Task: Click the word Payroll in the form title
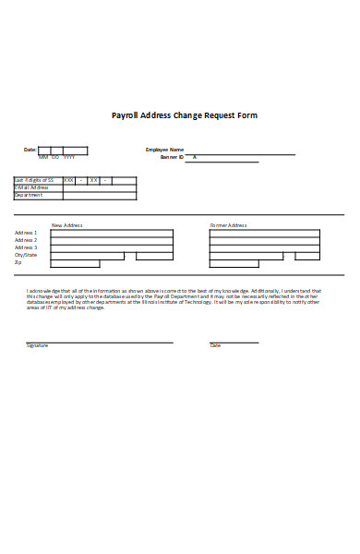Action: (x=126, y=116)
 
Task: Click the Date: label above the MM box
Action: (x=30, y=150)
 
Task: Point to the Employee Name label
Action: (x=165, y=150)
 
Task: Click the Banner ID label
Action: (x=173, y=158)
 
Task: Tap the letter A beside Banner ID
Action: (x=194, y=158)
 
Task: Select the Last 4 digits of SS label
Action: (x=34, y=180)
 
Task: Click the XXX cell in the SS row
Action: (x=68, y=180)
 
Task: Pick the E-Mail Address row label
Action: (x=30, y=187)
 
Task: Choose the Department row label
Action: (x=29, y=195)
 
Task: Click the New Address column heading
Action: (x=67, y=225)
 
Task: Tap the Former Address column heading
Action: (x=228, y=225)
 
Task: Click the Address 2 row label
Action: (x=26, y=240)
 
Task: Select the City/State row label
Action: (x=25, y=255)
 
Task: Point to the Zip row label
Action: (x=18, y=262)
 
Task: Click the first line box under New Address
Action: (x=111, y=233)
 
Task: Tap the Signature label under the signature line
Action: (x=37, y=345)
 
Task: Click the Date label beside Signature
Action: (x=215, y=345)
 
